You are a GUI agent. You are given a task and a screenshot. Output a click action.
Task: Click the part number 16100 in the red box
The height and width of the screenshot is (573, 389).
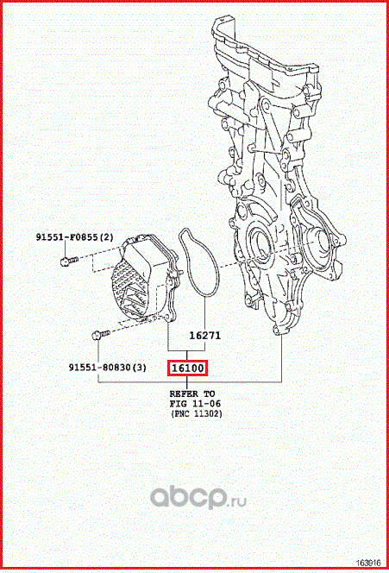pyautogui.click(x=187, y=368)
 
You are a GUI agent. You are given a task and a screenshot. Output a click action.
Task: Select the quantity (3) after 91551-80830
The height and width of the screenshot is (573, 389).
pyautogui.click(x=140, y=368)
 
